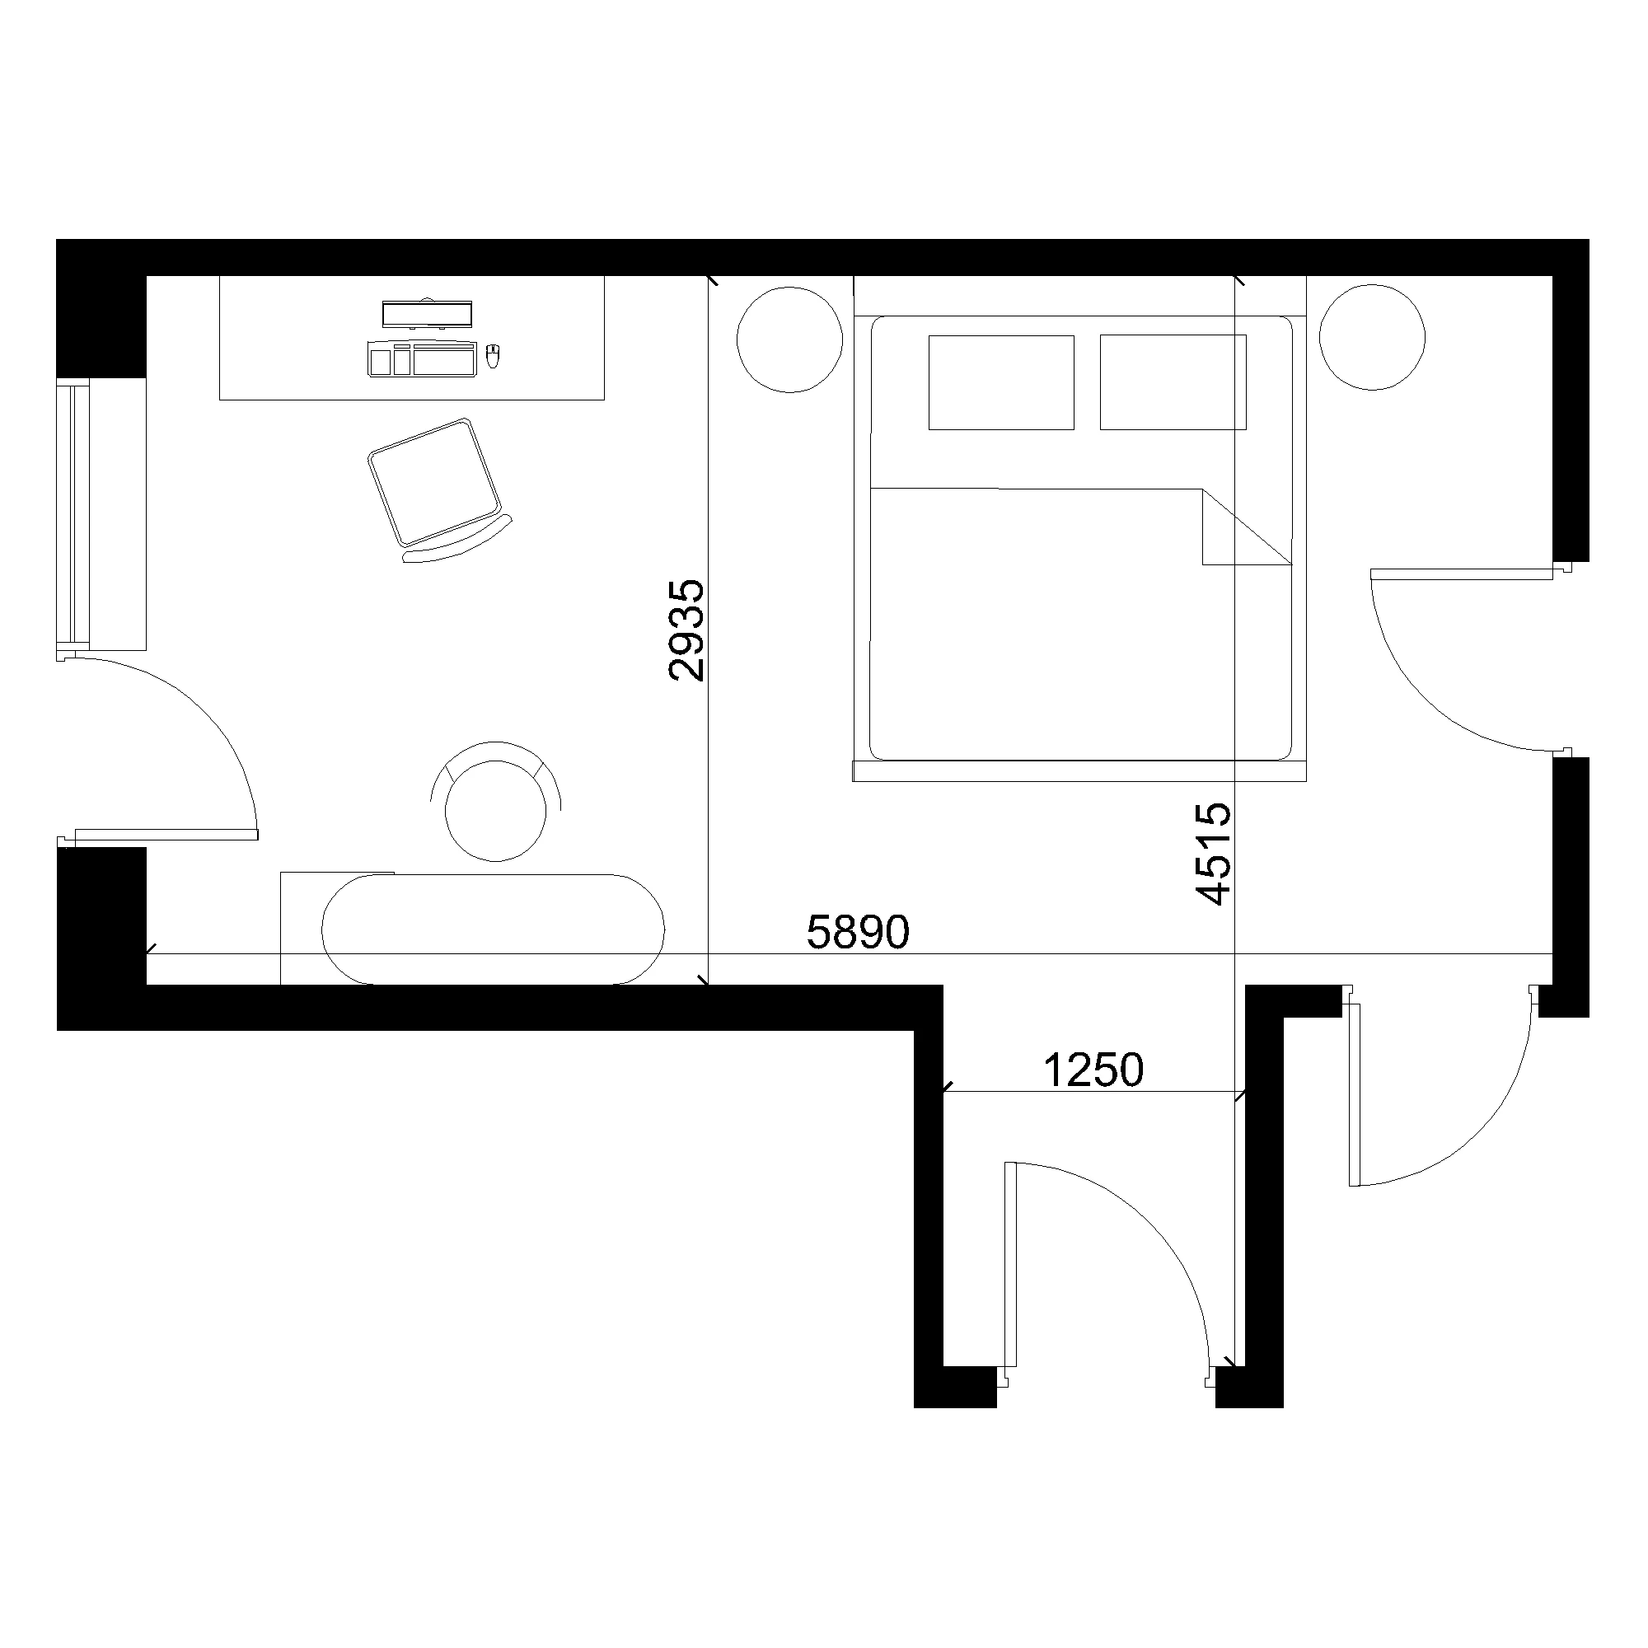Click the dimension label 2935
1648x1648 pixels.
(x=687, y=630)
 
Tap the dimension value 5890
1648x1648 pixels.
(x=858, y=932)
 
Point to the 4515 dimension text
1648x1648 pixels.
(x=1213, y=853)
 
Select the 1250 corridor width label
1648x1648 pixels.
(x=1093, y=1070)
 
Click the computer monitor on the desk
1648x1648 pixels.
(x=427, y=314)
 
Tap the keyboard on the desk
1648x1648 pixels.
(x=420, y=358)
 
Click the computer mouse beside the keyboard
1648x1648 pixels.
(x=492, y=355)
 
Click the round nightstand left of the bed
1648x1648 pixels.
(x=790, y=339)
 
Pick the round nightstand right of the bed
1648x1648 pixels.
(x=1372, y=338)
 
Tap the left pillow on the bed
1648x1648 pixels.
(x=1000, y=382)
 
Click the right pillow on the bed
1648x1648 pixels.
(x=1173, y=382)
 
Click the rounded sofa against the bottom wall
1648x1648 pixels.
(x=493, y=929)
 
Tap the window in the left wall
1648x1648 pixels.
(x=75, y=514)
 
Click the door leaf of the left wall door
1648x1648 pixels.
(x=166, y=833)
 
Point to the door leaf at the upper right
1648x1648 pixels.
(x=1460, y=574)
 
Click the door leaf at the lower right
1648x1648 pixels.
(x=1354, y=1094)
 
